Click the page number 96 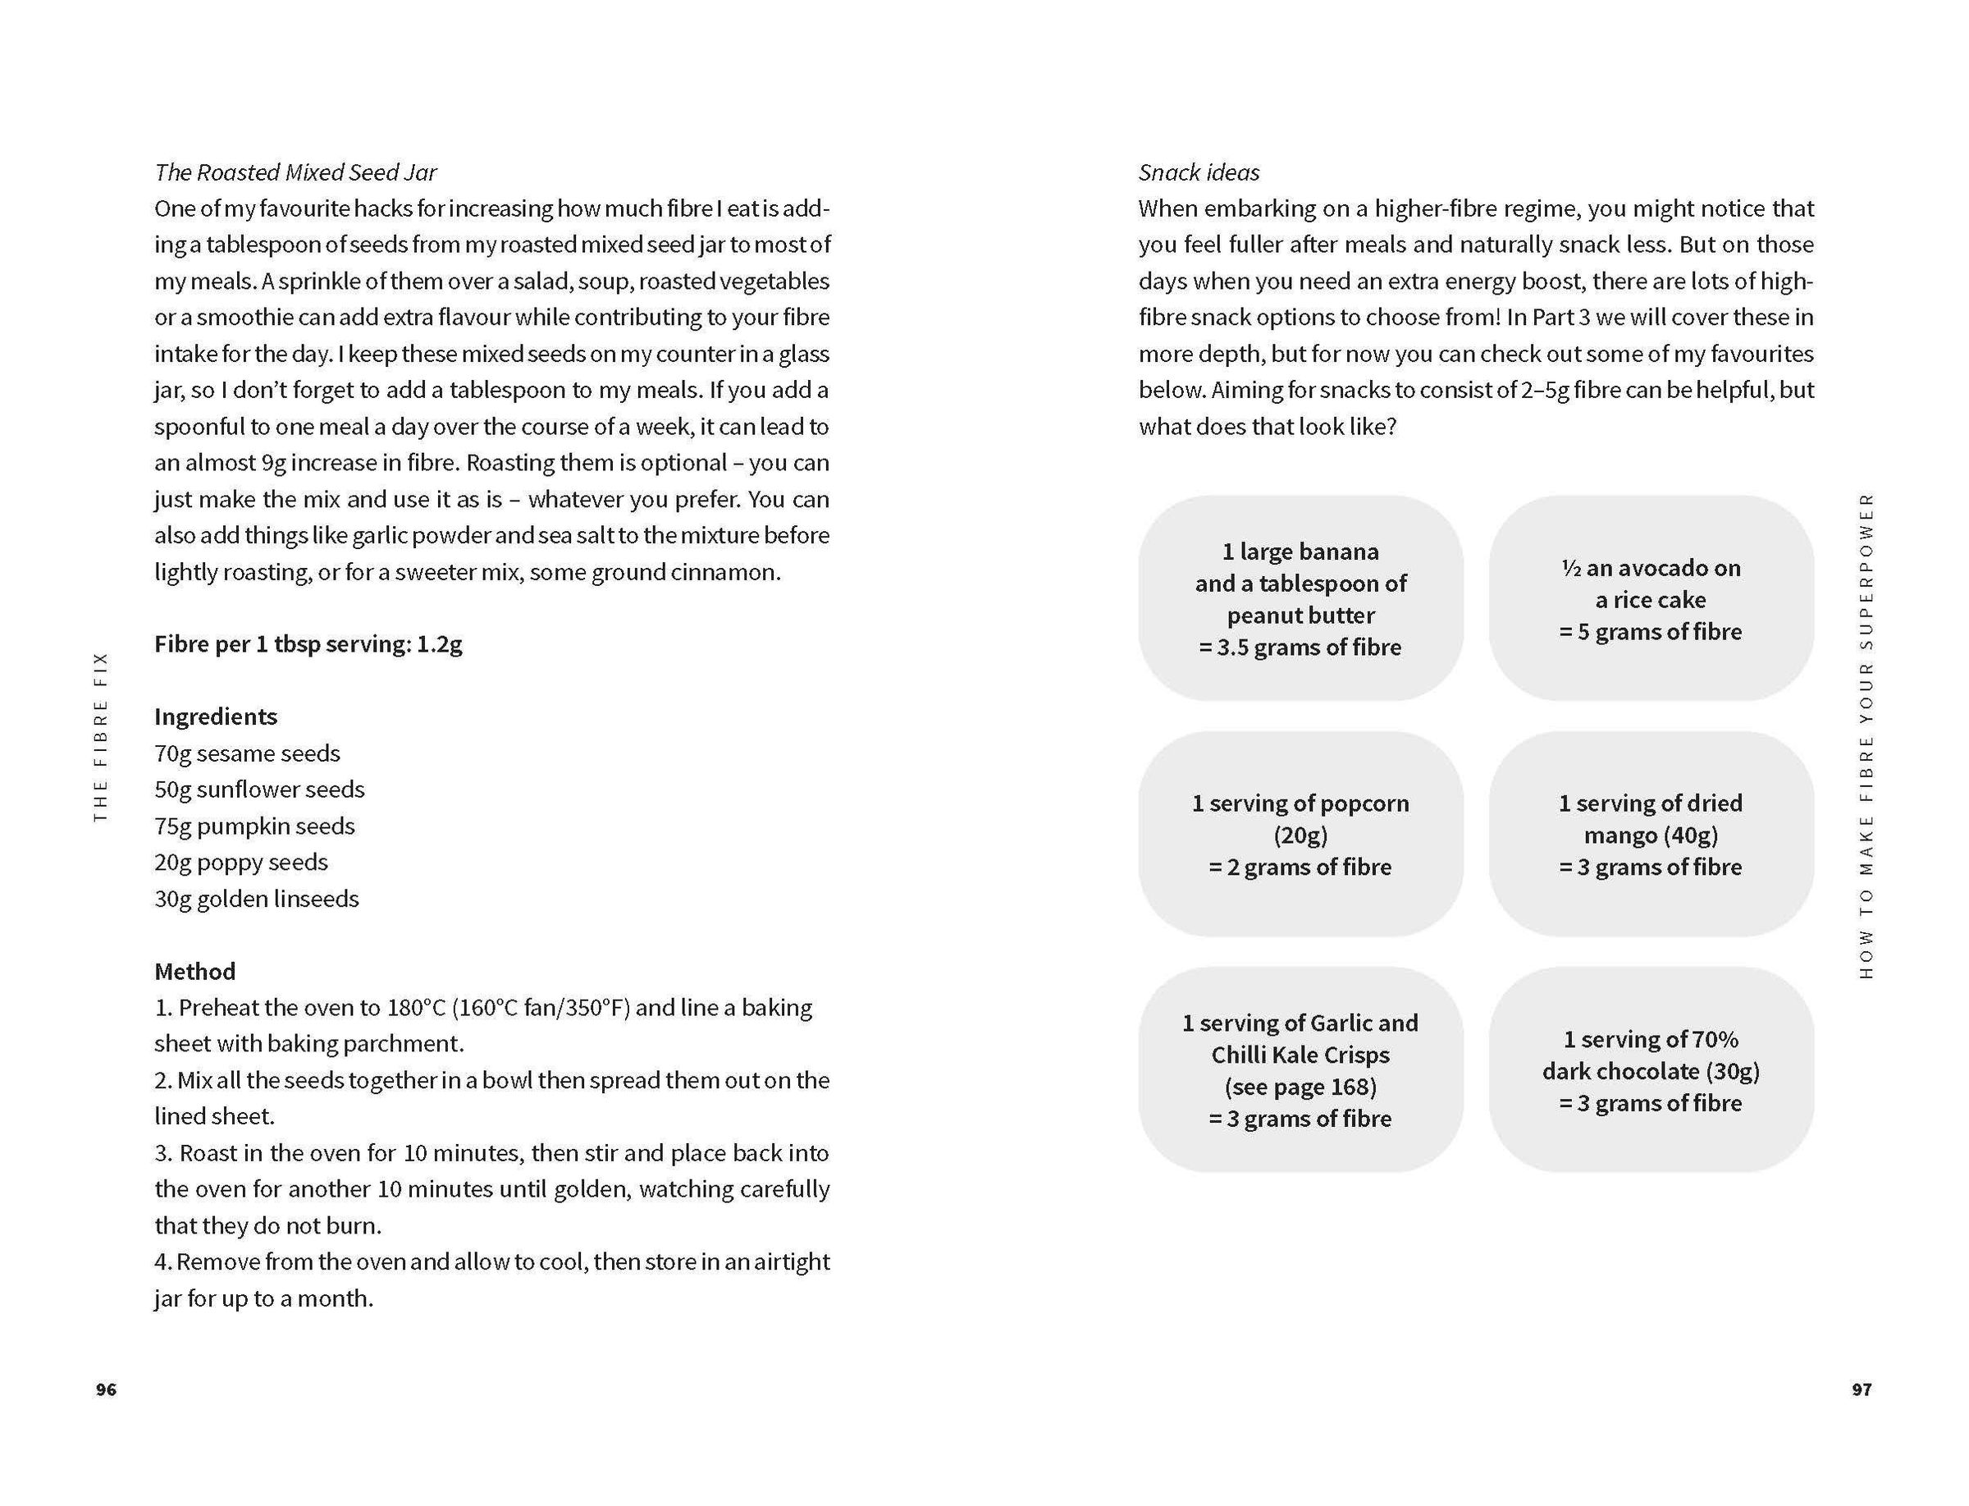click(106, 1389)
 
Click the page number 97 click(1862, 1389)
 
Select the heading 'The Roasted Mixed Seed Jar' click(295, 172)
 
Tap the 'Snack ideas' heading click(1199, 172)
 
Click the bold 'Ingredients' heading click(215, 716)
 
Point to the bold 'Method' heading click(194, 971)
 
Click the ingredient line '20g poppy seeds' click(240, 862)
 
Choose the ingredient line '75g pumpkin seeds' click(254, 826)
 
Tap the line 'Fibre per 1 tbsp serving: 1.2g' click(308, 643)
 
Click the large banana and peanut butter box click(1300, 598)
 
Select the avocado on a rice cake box click(1650, 598)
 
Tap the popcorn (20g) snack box click(1300, 834)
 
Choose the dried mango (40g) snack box click(1650, 834)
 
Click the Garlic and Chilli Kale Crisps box click(1300, 1069)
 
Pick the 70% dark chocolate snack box click(1650, 1069)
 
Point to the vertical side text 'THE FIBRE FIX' click(100, 736)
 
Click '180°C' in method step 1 click(416, 1008)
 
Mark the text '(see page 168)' click(1300, 1087)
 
